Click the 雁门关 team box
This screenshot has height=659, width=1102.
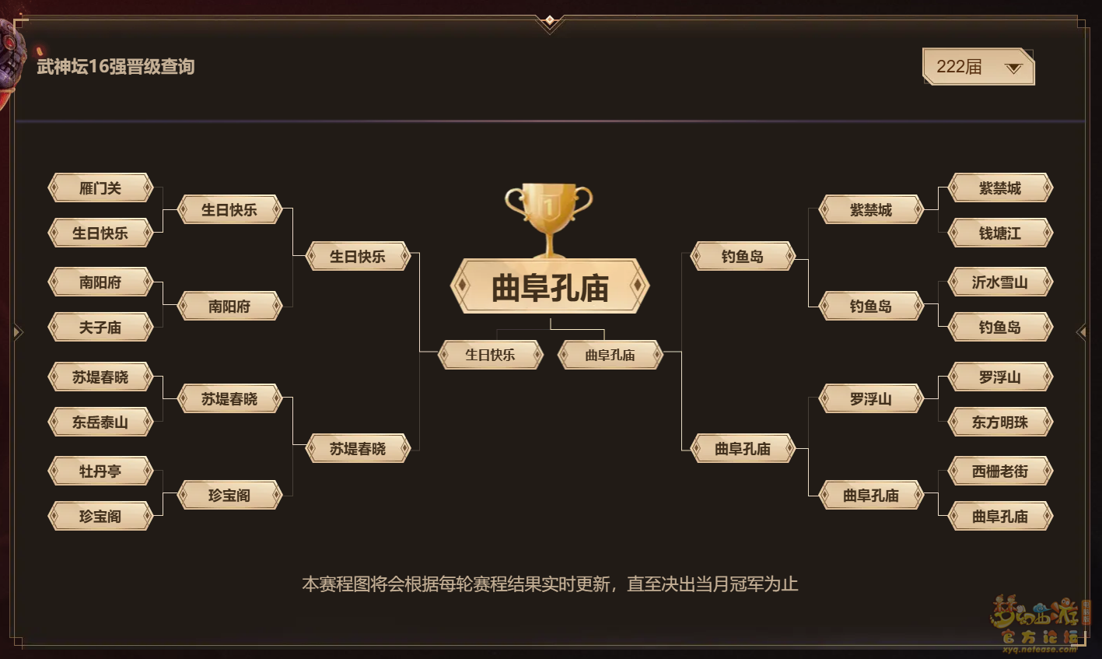(100, 188)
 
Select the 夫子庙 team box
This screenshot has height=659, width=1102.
(100, 327)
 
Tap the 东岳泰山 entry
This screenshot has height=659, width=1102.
(100, 422)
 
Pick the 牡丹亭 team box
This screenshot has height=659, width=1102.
(100, 471)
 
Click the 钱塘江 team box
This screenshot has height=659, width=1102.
(999, 233)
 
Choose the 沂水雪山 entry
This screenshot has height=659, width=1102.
(999, 282)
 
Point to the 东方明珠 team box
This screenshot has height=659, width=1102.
(999, 422)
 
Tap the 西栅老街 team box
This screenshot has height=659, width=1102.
(999, 471)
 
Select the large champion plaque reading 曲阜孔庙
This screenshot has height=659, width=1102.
(550, 286)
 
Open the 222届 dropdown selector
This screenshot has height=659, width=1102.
(978, 66)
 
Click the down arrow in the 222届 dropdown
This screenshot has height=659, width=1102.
(1013, 68)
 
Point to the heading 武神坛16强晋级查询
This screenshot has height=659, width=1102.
(116, 66)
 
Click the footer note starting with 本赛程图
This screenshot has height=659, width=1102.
(550, 584)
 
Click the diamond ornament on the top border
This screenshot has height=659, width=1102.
(550, 20)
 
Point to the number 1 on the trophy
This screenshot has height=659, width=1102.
(549, 206)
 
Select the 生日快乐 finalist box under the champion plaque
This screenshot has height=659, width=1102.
(490, 354)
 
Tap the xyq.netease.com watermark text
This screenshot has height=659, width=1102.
(1039, 649)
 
